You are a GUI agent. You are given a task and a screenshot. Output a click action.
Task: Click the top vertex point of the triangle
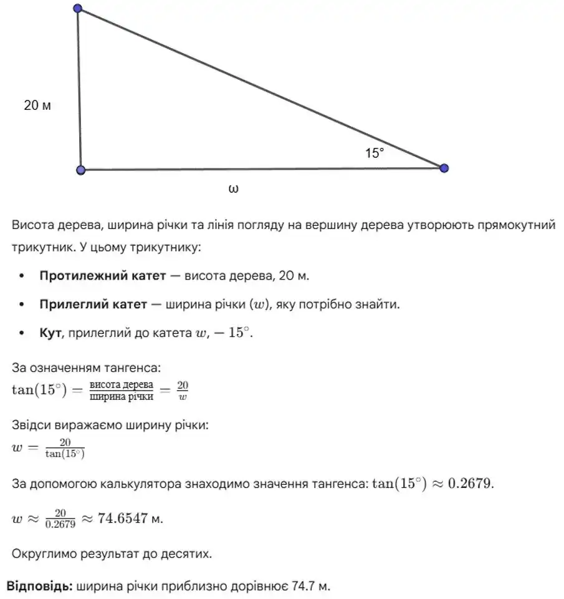(77, 9)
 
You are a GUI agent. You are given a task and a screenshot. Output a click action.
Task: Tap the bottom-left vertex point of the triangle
(80, 170)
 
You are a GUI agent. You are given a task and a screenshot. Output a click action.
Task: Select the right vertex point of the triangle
(444, 168)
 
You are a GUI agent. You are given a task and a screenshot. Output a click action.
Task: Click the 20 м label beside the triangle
(37, 105)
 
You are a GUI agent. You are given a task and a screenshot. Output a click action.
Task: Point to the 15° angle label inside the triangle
(375, 153)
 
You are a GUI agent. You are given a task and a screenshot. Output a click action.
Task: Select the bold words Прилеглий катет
(93, 304)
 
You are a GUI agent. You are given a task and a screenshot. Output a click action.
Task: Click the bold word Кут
(49, 334)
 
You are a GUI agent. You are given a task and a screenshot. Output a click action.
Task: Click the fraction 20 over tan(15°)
(65, 448)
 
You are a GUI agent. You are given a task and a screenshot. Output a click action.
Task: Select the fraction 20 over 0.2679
(60, 519)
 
